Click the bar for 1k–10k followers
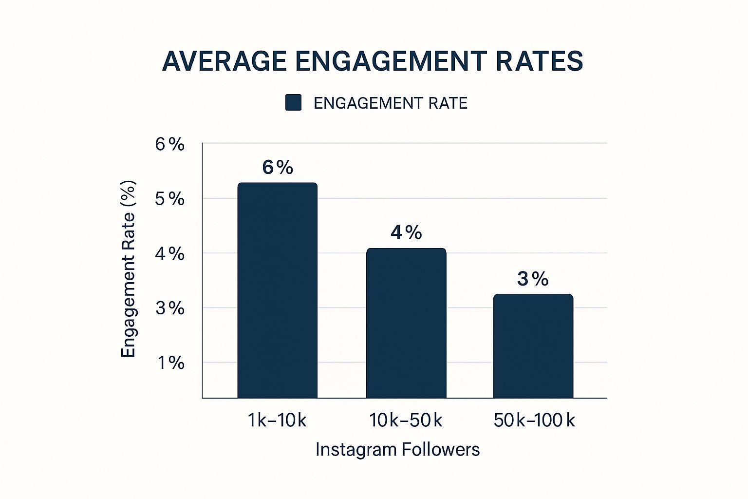277,290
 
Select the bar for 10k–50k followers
406,323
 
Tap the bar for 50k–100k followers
533,346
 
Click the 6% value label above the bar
278,168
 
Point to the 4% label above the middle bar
406,232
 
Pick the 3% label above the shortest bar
533,279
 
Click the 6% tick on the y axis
170,144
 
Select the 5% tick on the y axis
170,199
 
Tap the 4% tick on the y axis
170,253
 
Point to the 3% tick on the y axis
170,308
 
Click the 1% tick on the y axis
170,363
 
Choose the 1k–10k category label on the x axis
277,420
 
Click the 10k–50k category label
406,420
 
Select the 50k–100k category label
534,420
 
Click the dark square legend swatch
293,103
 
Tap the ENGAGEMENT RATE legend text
390,103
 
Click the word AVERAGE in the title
224,61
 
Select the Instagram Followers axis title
397,449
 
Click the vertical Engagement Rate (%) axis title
128,269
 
